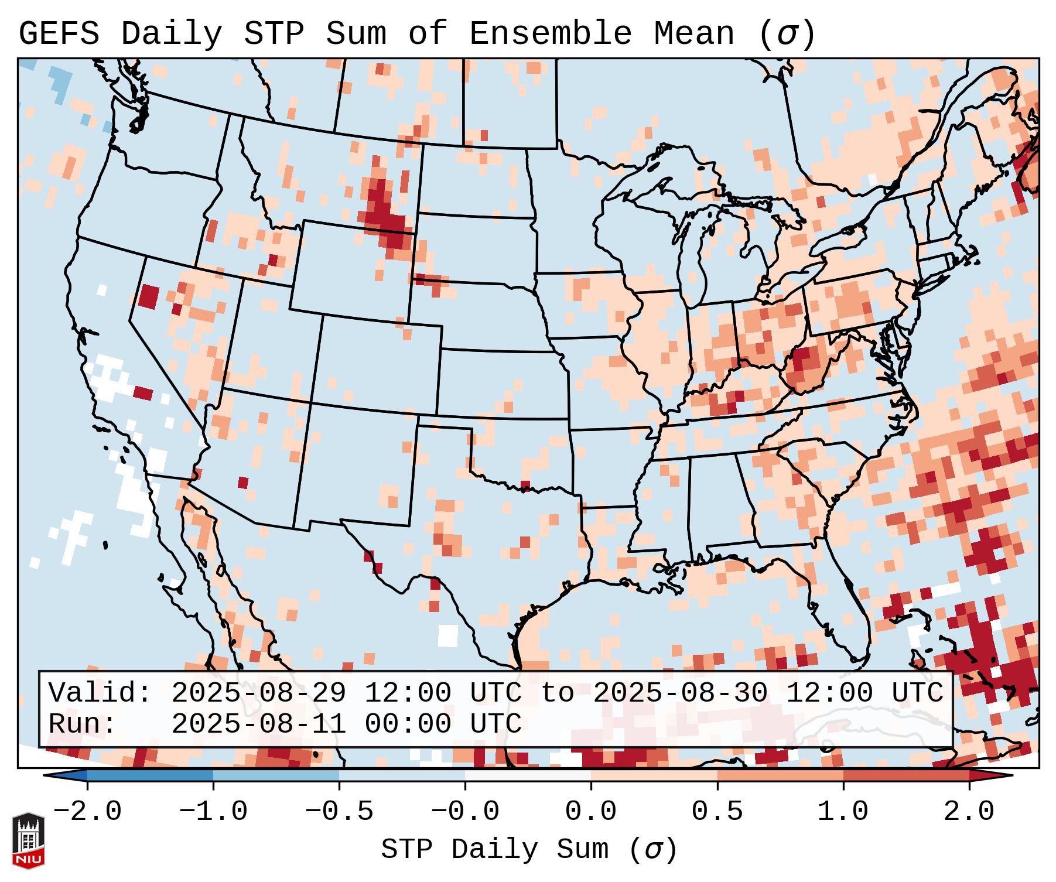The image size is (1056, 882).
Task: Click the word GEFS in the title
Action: click(59, 34)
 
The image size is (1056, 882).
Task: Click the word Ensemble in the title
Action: click(550, 34)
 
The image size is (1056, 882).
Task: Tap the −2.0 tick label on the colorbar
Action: click(87, 812)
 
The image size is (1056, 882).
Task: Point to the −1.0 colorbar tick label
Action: click(213, 812)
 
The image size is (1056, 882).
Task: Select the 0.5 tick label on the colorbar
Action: click(717, 812)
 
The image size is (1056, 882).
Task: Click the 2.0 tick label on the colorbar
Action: click(969, 812)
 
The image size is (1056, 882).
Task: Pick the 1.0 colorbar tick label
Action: click(843, 812)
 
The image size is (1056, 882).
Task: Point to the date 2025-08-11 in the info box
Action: click(259, 724)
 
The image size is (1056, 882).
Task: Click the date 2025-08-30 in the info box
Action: click(680, 693)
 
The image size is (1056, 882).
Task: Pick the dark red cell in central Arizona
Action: click(243, 483)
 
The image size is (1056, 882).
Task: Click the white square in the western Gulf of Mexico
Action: click(448, 635)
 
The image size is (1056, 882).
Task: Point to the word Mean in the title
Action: click(693, 34)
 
